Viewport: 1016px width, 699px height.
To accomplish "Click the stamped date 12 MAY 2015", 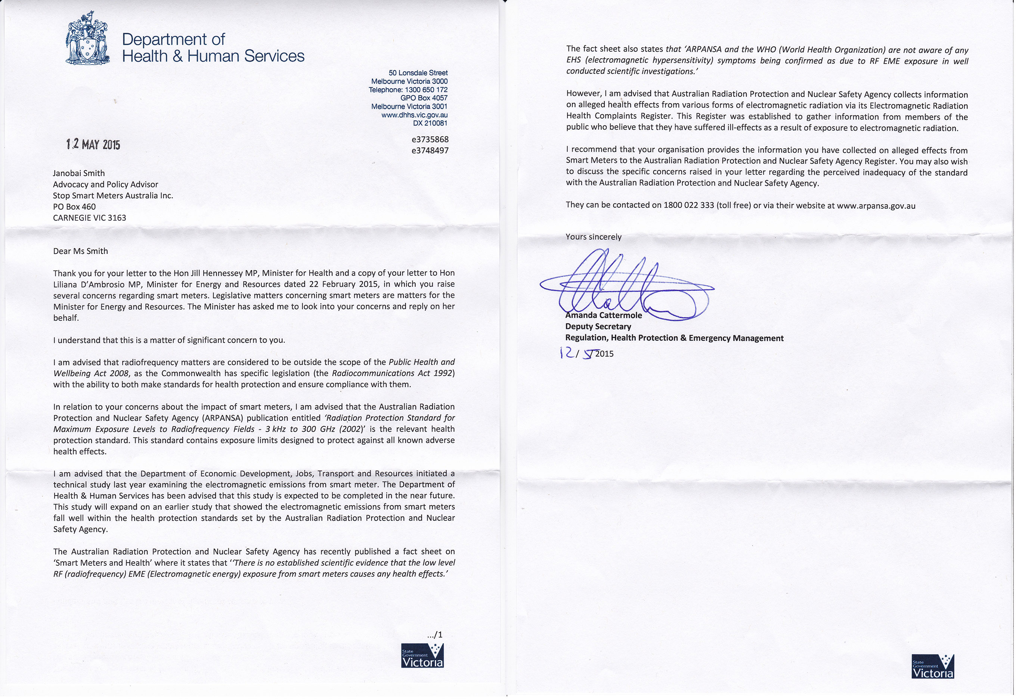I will (x=93, y=145).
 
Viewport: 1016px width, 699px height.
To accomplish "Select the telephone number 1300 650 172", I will (x=426, y=90).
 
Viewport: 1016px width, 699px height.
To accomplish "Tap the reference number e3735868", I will (x=430, y=140).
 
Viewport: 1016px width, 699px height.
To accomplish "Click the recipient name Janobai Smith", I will (x=79, y=173).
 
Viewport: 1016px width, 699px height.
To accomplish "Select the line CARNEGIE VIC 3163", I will (x=89, y=218).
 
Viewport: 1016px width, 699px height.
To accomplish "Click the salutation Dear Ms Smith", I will (x=80, y=251).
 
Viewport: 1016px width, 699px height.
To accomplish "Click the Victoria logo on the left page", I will (x=422, y=656).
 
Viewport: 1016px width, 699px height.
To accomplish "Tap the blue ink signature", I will (x=622, y=285).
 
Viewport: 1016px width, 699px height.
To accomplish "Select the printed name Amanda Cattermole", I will (x=604, y=316).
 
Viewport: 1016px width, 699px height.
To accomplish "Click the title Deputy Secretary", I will (x=598, y=327).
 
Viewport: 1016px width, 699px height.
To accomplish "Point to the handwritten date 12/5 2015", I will (x=587, y=354).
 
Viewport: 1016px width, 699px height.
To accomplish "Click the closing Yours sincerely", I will (x=593, y=237).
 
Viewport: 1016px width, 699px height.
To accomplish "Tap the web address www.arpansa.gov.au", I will (x=876, y=206).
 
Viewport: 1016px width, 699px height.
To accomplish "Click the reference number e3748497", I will (x=430, y=150).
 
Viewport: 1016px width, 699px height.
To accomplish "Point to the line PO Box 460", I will (x=74, y=207).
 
